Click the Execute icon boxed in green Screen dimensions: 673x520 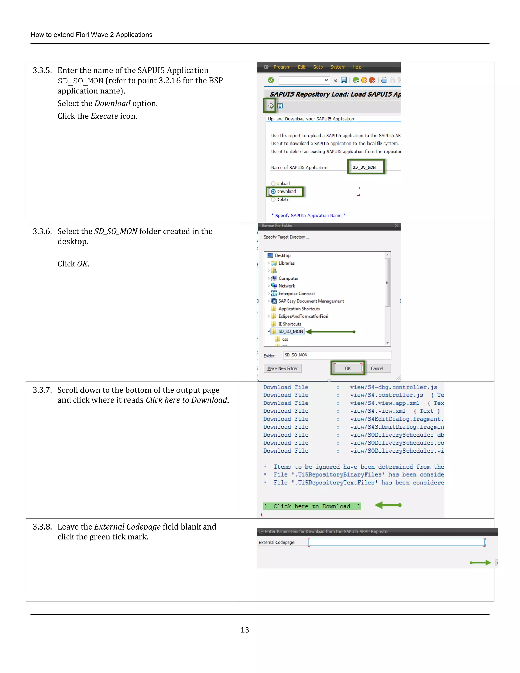coord(270,106)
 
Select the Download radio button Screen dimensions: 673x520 coord(273,191)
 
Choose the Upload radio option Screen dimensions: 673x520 coord(273,183)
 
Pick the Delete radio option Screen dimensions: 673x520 coord(273,199)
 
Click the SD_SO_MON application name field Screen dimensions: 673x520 coord(366,167)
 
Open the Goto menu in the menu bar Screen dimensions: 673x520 coord(318,67)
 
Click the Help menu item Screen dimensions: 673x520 coord(357,67)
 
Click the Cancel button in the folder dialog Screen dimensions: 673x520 coord(377,368)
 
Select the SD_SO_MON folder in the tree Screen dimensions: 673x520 coord(290,332)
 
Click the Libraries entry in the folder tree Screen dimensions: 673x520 coord(286,263)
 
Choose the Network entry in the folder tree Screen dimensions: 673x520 coord(286,286)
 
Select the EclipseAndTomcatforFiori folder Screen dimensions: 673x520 coord(303,316)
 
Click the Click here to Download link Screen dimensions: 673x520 coord(312,506)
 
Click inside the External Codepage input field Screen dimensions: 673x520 coord(396,542)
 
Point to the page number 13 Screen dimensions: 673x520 coord(245,630)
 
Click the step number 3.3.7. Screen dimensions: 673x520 coord(42,390)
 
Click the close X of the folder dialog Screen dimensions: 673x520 coord(396,226)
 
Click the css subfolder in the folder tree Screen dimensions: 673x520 coord(285,339)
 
